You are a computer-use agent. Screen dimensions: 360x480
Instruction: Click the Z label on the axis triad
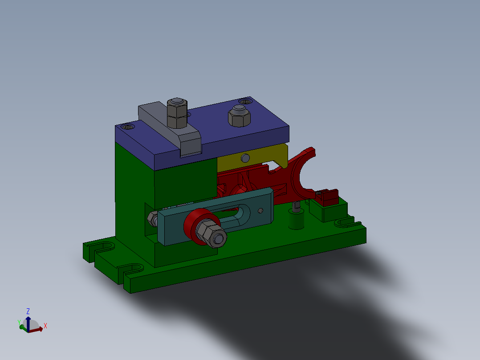(28, 311)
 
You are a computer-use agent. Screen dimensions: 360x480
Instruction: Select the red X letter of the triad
(45, 326)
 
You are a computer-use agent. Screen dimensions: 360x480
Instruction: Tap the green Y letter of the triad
(19, 321)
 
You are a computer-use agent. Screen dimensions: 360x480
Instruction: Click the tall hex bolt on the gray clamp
(176, 113)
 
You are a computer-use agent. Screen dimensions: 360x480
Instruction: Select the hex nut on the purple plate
(238, 117)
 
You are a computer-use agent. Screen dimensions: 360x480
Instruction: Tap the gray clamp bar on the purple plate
(169, 127)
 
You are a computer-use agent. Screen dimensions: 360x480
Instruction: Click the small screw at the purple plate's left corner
(129, 127)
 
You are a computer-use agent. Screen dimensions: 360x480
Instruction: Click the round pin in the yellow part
(244, 158)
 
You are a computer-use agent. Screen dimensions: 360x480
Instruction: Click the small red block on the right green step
(329, 196)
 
